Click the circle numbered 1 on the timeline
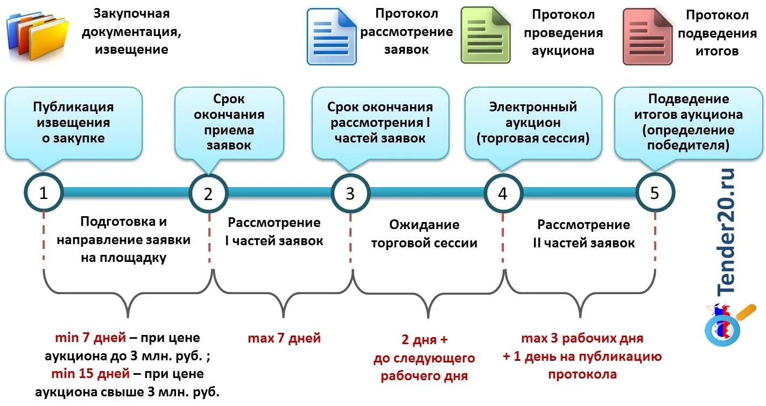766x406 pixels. click(x=44, y=193)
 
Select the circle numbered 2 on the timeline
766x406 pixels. click(x=208, y=194)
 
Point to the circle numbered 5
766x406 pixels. click(x=655, y=193)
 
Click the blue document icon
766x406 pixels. click(x=332, y=36)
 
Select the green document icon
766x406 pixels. click(x=485, y=36)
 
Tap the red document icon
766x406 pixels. click(x=647, y=37)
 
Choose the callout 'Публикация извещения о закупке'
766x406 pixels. click(x=74, y=123)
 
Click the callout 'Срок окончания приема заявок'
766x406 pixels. click(x=229, y=123)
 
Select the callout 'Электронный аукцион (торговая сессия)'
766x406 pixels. click(x=533, y=123)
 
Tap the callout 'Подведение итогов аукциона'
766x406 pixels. click(x=688, y=123)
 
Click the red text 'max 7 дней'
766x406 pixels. click(x=284, y=338)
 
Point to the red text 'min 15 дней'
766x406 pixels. click(x=89, y=374)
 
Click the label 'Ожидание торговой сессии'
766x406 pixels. click(x=425, y=234)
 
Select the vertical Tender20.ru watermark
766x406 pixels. click(x=726, y=231)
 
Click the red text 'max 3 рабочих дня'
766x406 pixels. click(x=582, y=339)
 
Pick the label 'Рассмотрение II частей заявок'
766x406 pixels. click(x=584, y=234)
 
